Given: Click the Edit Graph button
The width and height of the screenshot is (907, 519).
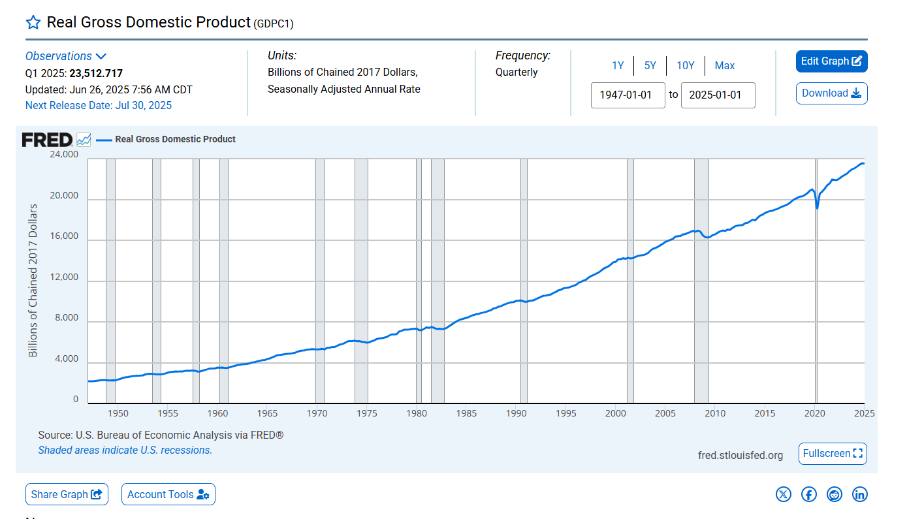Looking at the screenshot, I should pos(831,61).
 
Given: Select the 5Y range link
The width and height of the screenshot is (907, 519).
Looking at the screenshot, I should pos(650,65).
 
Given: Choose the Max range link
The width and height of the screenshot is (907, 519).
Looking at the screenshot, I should pos(724,65).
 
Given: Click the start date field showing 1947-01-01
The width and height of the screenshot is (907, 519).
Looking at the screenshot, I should pos(628,95).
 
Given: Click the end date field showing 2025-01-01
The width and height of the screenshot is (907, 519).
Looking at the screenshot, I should pos(718,95).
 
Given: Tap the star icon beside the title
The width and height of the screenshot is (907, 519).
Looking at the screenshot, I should pos(33,23).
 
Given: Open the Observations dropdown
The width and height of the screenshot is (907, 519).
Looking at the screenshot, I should pos(65,56).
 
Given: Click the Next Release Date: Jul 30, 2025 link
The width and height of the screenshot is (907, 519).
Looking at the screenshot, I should pos(99,105).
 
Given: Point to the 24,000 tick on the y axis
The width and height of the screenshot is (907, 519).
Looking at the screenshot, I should pos(64,155).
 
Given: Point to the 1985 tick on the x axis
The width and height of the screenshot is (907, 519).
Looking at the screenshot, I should pos(466,413).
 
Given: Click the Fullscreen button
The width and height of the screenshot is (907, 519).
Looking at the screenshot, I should pos(833,454).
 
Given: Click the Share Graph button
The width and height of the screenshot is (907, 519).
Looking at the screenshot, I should pos(67,494).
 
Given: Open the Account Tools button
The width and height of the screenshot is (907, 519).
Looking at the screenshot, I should pos(168,494).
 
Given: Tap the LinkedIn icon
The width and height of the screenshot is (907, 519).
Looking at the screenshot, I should pos(860,494).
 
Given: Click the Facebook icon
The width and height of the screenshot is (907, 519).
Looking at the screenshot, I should pos(809,494).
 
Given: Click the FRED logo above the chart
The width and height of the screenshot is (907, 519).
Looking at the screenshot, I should pos(47,140).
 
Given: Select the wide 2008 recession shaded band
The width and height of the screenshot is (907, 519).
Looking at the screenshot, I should pos(701,281).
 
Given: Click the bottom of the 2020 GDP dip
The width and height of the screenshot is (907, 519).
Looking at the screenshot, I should pos(818,208).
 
